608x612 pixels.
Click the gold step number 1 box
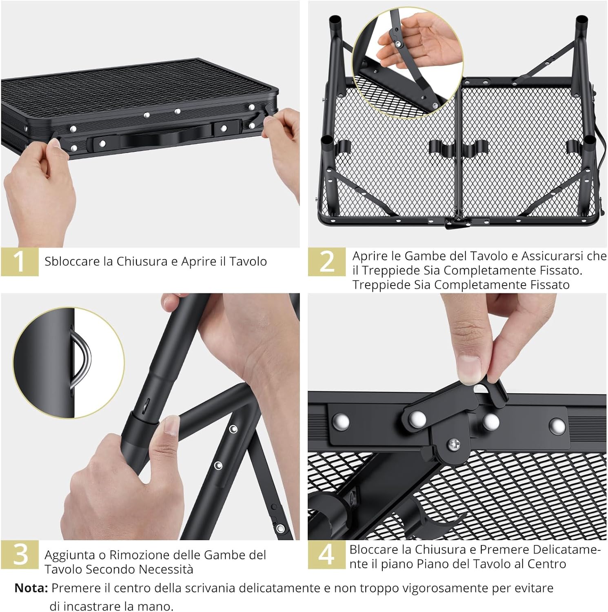(20, 262)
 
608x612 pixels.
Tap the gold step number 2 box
(327, 262)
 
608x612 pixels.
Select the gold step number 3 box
(20, 554)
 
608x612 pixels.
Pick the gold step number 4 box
(327, 554)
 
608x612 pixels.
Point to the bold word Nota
(31, 588)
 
